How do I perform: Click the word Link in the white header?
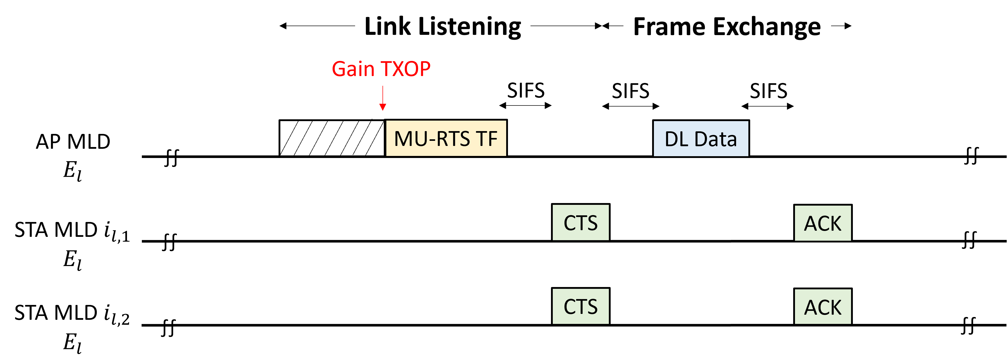[x=387, y=27]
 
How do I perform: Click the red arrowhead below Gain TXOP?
[x=383, y=108]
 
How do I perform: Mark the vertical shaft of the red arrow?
[x=383, y=95]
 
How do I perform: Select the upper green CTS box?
[x=580, y=222]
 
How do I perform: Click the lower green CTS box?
[x=580, y=306]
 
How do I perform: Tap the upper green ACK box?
[x=823, y=223]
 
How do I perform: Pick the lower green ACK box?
[x=823, y=307]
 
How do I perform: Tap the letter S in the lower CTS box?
[x=592, y=307]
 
